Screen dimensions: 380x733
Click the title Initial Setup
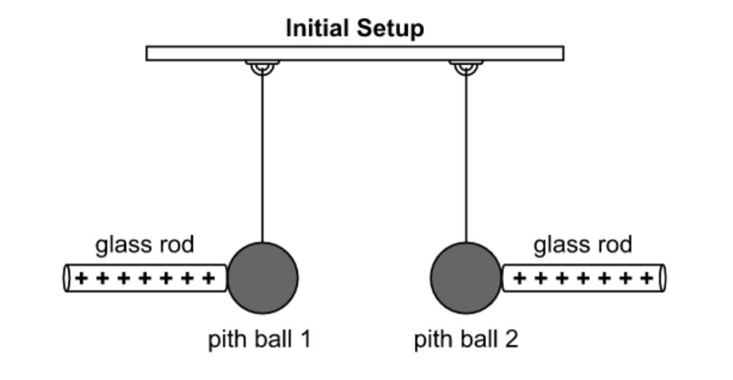point(354,29)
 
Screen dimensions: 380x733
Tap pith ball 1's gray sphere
point(262,278)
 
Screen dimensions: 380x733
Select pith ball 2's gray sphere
point(466,278)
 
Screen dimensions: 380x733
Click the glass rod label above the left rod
point(145,245)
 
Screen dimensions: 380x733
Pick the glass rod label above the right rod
point(583,245)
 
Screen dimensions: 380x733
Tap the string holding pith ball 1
point(262,161)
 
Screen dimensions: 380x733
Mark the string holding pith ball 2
point(466,161)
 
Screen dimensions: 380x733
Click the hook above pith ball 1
point(262,67)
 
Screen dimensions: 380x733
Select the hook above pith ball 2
point(466,67)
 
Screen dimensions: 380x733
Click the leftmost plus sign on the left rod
point(81,278)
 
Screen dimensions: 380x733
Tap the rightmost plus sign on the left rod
point(208,278)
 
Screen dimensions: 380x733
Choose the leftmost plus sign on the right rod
point(520,278)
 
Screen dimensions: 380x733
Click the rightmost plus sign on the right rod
point(647,278)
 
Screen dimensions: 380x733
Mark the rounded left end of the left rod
point(66,278)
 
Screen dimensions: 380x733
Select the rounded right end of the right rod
point(663,278)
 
